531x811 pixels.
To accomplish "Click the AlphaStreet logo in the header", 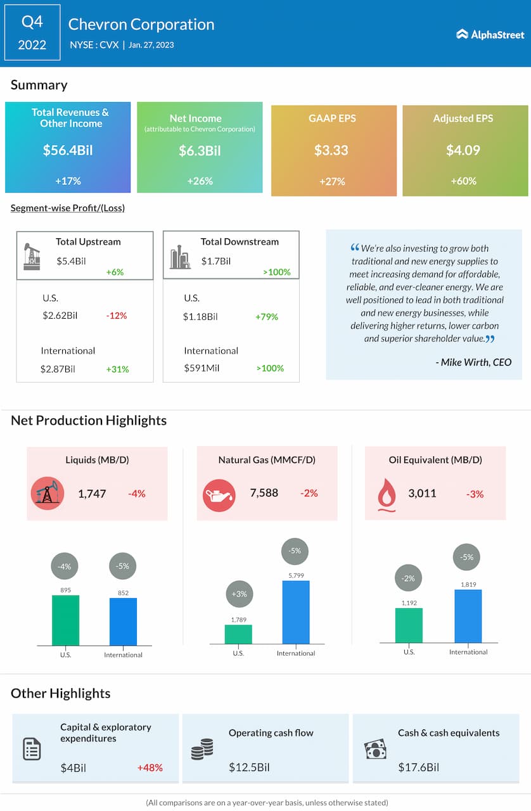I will coord(490,34).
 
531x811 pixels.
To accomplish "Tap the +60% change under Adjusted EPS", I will coord(463,181).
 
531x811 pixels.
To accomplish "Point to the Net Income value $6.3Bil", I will coord(200,150).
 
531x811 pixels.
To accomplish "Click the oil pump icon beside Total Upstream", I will coord(32,256).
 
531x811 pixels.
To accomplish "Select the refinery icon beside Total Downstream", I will coord(180,257).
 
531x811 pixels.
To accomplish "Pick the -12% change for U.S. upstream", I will coord(117,316).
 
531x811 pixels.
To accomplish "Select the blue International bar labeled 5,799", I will coord(296,611).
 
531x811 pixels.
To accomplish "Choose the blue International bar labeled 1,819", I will coord(468,616).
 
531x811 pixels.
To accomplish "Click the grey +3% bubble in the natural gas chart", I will coord(239,594).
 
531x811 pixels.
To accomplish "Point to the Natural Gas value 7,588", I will coord(264,493).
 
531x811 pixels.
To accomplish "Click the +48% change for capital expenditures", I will coord(150,767).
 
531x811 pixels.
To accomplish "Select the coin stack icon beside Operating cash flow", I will coord(202,751).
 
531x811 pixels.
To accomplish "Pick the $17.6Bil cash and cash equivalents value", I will coord(418,767).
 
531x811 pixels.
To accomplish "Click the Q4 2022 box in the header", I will coord(32,32).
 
